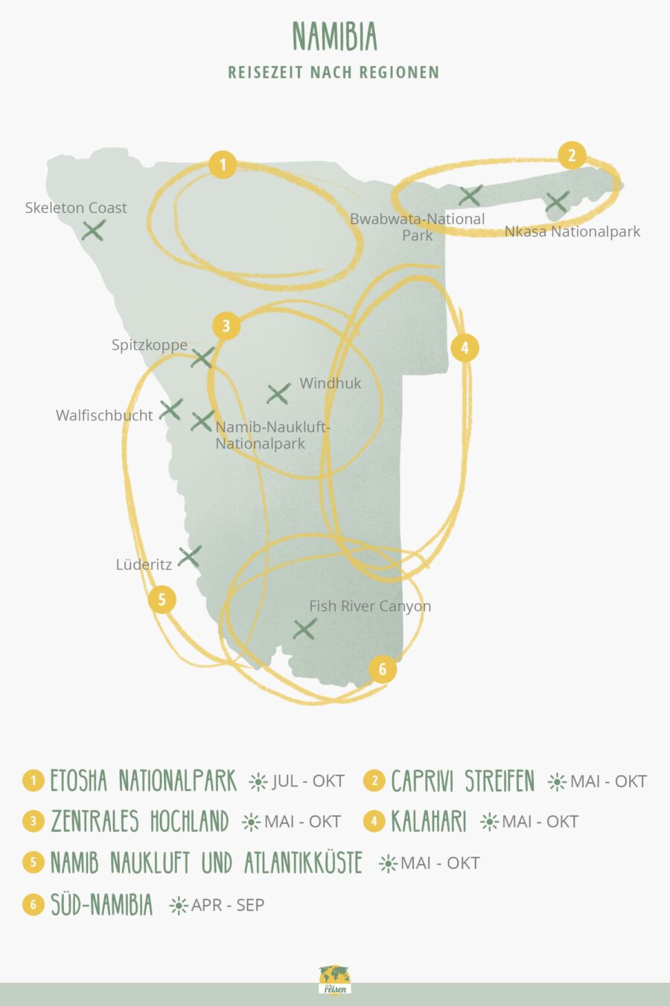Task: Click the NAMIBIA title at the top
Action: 335,36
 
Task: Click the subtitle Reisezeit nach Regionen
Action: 334,72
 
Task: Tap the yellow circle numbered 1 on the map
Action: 223,164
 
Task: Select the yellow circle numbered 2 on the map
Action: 572,156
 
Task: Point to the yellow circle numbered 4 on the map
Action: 465,347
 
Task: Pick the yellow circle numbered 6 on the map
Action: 383,669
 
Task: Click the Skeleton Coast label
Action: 76,208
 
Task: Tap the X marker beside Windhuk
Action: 278,394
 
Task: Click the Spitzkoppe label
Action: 150,345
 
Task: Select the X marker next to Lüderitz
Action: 190,556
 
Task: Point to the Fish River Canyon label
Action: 370,606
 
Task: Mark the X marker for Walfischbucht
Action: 171,409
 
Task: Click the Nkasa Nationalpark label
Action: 572,231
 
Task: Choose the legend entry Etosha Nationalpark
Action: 143,781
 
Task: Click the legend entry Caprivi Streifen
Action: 462,781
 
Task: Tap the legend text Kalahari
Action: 428,821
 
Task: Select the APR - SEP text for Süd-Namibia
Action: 227,905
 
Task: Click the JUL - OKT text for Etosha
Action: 308,781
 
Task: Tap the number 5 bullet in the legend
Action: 33,862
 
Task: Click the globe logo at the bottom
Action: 335,980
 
